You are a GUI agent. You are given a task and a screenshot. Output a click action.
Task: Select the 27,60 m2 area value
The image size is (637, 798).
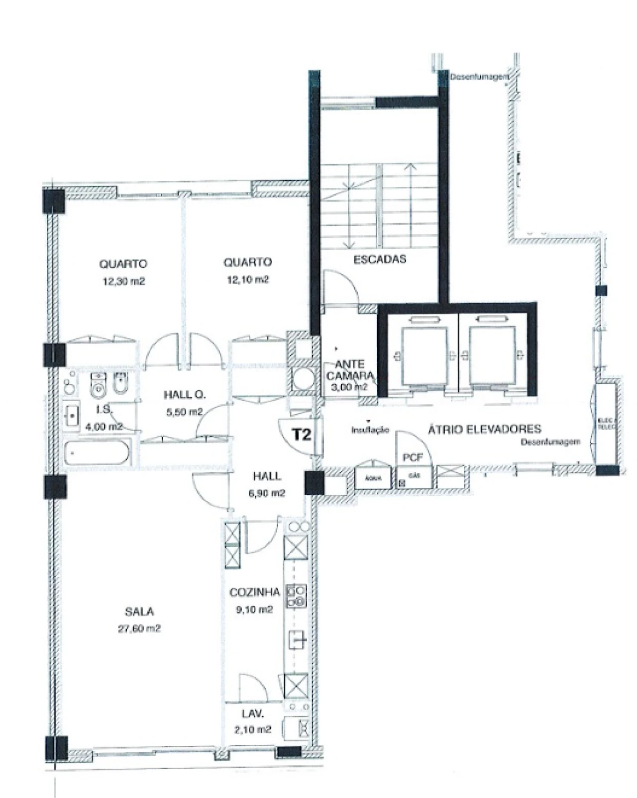point(139,628)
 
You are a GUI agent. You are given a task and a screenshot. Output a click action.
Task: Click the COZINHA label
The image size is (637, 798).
point(254,592)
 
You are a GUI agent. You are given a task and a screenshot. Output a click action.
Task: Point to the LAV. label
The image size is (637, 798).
point(253,714)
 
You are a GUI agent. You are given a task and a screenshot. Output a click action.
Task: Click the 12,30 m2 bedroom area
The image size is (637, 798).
point(123,281)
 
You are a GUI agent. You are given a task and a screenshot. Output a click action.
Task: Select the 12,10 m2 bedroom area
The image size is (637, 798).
point(248,279)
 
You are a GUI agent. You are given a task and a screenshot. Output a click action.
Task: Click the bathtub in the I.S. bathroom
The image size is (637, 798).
point(98,453)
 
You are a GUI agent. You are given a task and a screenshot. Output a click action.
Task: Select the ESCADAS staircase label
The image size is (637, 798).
point(380,259)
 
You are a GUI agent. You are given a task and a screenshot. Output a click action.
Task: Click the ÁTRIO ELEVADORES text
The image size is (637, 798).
point(485,429)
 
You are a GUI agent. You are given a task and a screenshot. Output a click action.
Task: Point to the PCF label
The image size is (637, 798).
point(412,457)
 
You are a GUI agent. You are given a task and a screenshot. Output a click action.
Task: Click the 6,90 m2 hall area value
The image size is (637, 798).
point(267,493)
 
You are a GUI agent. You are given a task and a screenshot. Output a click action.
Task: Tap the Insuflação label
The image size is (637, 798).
point(370,430)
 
